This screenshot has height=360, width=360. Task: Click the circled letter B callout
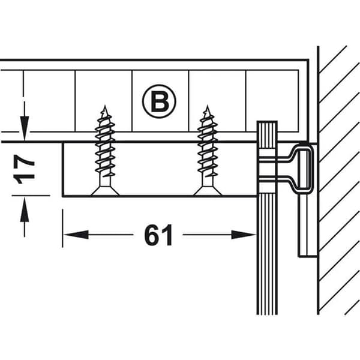point(159,101)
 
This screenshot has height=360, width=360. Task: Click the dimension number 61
point(158,235)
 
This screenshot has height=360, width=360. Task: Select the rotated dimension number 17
point(24,169)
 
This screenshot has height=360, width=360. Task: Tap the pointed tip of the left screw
point(105,106)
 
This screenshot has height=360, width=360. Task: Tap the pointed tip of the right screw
point(208,106)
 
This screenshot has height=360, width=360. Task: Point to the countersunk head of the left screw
point(105,191)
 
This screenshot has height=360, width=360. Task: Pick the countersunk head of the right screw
point(208,191)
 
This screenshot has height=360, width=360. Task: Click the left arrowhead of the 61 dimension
point(76,235)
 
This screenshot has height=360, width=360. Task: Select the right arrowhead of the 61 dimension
point(244,235)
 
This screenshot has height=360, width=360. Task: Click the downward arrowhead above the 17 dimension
point(25,128)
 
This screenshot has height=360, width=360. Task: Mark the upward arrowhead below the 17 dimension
point(25,209)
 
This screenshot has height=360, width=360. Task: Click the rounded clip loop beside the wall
point(302,167)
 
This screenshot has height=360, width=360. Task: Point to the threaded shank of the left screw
point(105,147)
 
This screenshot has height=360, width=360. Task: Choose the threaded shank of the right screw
point(208,147)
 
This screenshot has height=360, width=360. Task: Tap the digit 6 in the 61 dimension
point(151,235)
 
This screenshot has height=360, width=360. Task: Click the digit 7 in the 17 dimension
point(24,163)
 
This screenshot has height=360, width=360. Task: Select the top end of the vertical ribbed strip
point(267,121)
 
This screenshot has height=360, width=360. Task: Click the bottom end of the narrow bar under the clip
point(308,256)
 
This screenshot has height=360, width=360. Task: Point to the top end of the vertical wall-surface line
point(318,47)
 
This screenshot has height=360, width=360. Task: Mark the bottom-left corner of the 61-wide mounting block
point(62,196)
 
